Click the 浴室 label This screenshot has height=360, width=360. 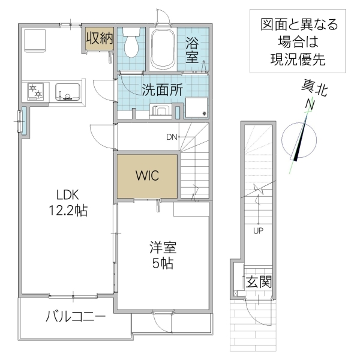click(x=192, y=50)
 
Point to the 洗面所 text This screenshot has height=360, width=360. click(x=162, y=89)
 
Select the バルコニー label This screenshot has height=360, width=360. click(x=76, y=316)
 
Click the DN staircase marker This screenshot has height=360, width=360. click(x=172, y=137)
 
